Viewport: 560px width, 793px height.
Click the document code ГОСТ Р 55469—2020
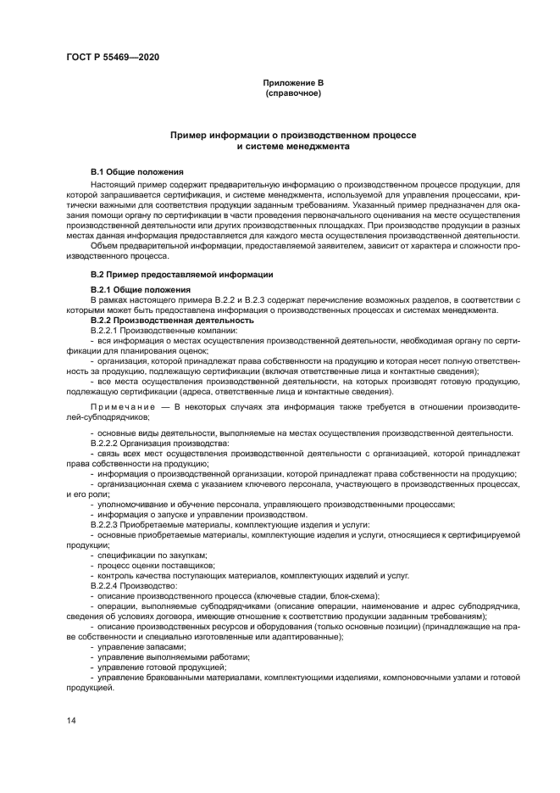(x=112, y=57)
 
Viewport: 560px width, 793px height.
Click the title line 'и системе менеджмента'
(x=292, y=146)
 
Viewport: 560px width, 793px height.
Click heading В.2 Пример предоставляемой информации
(x=181, y=276)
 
